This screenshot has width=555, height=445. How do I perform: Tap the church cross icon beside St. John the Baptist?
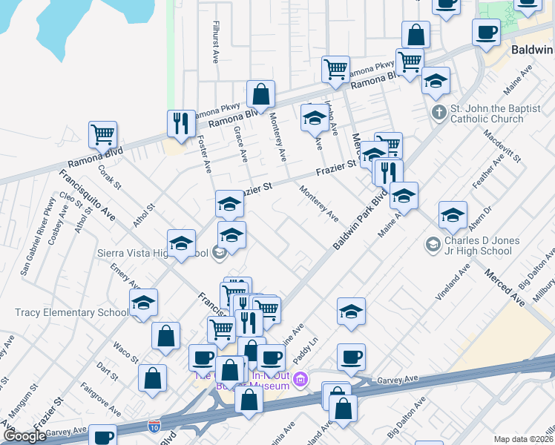[439, 113]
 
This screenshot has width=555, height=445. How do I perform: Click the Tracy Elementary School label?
[70, 312]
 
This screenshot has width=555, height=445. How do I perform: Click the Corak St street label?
[109, 180]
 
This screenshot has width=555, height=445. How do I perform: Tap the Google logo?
[24, 436]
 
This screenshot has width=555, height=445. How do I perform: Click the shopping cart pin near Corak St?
[102, 135]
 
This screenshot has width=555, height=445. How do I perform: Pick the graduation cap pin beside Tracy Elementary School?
[144, 303]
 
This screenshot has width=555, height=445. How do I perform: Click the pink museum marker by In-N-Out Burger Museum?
[301, 381]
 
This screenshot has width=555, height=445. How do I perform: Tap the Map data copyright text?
[523, 439]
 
